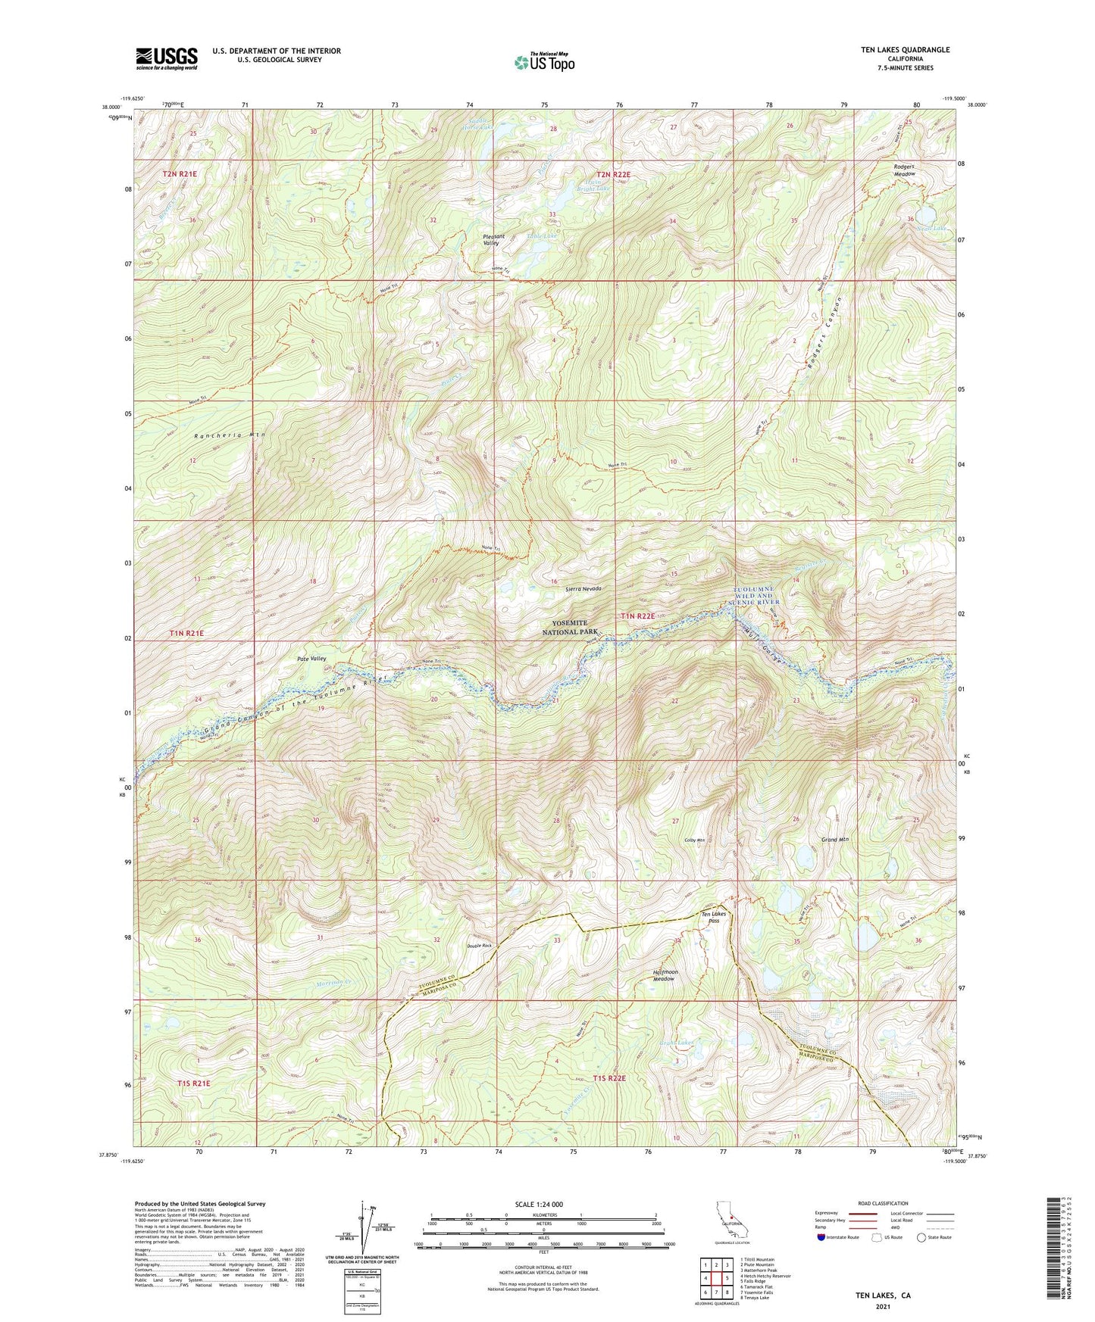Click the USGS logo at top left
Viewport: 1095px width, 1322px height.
(x=167, y=58)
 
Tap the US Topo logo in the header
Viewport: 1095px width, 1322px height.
(x=544, y=62)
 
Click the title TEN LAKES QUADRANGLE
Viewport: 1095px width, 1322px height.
(x=904, y=50)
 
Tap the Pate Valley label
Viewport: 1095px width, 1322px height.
(x=311, y=659)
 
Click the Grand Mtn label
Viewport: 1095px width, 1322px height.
(x=834, y=840)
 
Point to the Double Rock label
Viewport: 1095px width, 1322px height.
(x=479, y=945)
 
